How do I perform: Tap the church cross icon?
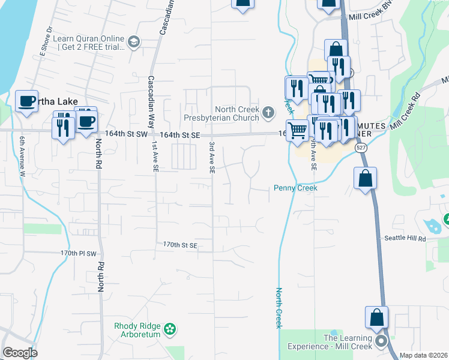coord(268,111)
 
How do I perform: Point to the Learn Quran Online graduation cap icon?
coord(133,41)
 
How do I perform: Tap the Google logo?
coord(20,353)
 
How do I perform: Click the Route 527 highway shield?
coord(360,147)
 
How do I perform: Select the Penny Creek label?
coord(295,188)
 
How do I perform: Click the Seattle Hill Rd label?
coord(405,238)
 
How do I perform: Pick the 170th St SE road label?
coord(180,245)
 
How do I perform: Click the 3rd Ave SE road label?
coord(212,157)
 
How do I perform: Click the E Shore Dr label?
coord(46,42)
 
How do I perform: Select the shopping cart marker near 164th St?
coord(297,130)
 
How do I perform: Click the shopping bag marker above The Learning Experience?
coord(376,318)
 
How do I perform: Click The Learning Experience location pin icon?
coord(381,341)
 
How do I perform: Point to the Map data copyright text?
coord(424,355)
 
